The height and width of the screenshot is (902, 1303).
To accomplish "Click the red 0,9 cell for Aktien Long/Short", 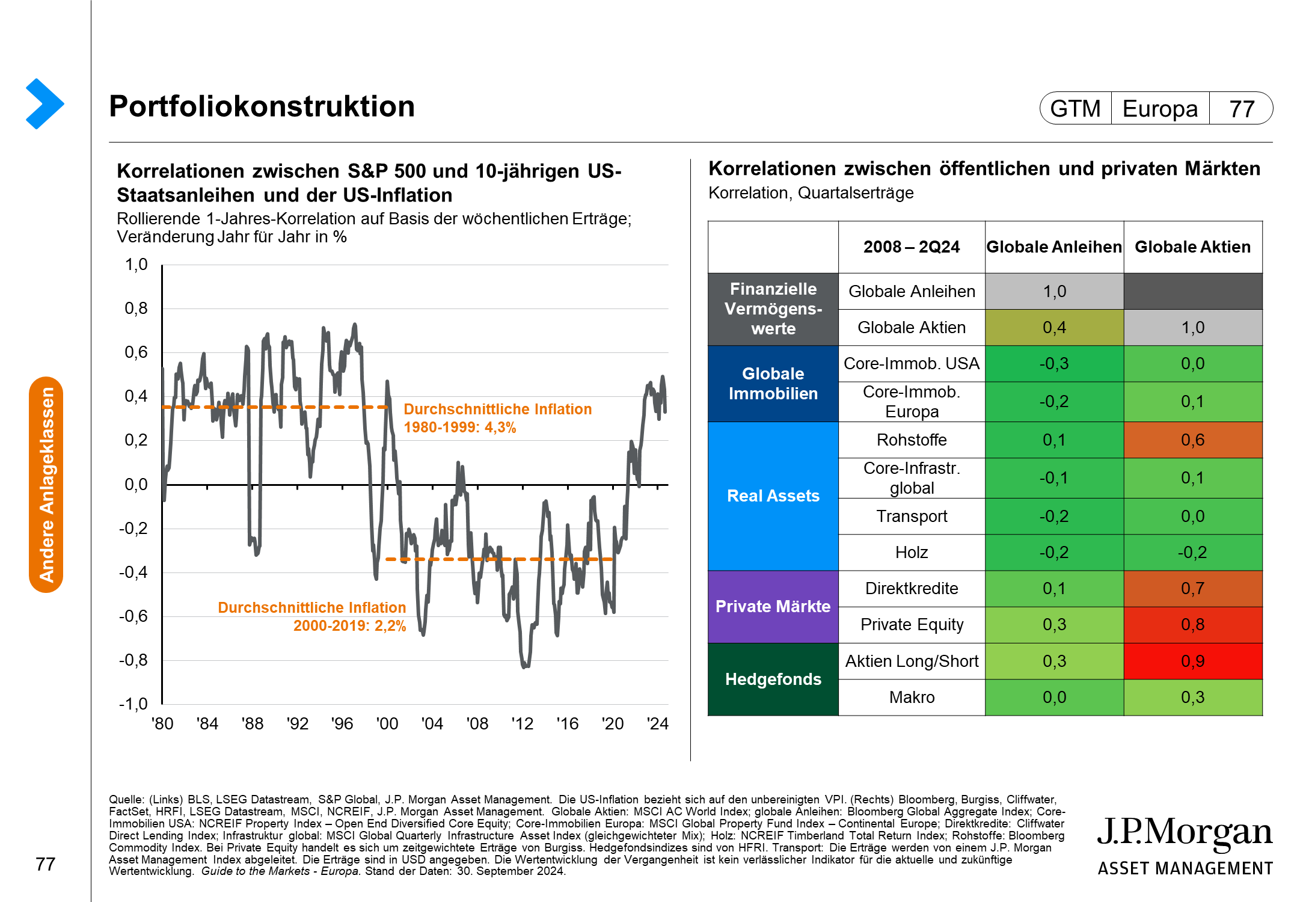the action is [x=1193, y=661].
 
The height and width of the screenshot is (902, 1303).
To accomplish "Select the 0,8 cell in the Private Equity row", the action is [x=1193, y=625].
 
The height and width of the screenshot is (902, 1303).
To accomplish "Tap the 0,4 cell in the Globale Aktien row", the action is [x=1054, y=328].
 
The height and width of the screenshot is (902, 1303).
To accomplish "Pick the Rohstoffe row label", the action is [x=912, y=440].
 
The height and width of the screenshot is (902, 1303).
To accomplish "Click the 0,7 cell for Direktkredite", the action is [x=1193, y=589].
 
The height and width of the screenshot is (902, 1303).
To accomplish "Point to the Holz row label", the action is [x=912, y=553].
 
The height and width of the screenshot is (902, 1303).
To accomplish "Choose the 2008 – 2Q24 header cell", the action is [x=912, y=247].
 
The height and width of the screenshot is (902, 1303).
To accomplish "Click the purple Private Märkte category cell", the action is [x=773, y=607].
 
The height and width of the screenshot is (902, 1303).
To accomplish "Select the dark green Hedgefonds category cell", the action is [x=773, y=680].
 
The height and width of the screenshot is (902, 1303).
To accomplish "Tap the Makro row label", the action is [x=912, y=698].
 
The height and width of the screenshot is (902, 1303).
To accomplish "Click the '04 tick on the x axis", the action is [x=432, y=723].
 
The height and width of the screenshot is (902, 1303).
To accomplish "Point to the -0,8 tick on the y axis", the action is [x=133, y=660].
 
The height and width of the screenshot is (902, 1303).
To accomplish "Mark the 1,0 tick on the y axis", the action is [x=136, y=265].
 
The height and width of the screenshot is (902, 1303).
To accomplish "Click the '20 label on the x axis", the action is [x=613, y=723].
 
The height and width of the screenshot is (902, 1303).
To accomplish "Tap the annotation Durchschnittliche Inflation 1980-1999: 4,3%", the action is [x=498, y=419].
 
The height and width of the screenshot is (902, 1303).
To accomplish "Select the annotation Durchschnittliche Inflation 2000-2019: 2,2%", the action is [x=312, y=616].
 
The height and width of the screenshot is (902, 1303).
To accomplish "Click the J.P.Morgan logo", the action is [x=1185, y=845].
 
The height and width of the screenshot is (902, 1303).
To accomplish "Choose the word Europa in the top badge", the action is [x=1160, y=109].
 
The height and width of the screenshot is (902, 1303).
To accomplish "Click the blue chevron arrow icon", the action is [x=44, y=103].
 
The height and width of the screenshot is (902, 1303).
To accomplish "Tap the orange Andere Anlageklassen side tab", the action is [x=46, y=485].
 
